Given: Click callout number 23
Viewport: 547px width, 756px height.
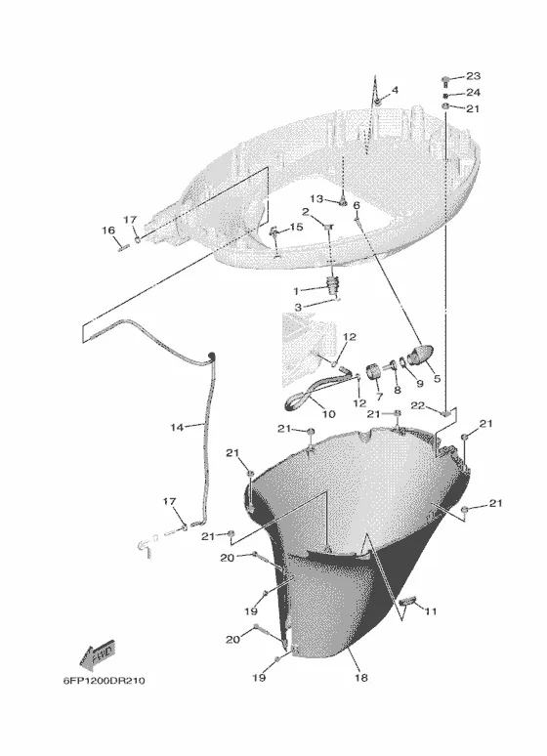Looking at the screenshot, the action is tap(473, 76).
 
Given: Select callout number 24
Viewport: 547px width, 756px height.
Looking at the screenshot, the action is tap(473, 92).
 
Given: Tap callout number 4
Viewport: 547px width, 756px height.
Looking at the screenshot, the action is tap(395, 90).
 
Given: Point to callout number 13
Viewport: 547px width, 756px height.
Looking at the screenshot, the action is tap(316, 198).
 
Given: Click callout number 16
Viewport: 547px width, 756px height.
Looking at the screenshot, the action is tap(108, 231).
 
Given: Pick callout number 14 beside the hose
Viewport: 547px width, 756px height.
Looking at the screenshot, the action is tap(177, 427).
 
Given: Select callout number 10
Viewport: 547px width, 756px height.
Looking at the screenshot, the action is tap(328, 414).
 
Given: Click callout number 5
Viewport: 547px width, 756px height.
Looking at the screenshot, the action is tap(437, 378).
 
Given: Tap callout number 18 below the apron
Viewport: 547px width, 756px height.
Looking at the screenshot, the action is tap(360, 678).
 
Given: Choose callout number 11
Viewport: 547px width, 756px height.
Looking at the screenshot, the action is tap(430, 611).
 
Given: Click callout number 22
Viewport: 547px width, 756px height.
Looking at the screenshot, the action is tap(418, 405).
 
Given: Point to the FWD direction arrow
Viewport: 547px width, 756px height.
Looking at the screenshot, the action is tap(97, 654).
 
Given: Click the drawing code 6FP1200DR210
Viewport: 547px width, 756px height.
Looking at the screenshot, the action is tap(104, 681).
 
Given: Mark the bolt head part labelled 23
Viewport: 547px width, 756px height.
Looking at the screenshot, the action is tap(446, 79).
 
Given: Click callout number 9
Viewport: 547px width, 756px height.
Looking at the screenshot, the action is tap(419, 384).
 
